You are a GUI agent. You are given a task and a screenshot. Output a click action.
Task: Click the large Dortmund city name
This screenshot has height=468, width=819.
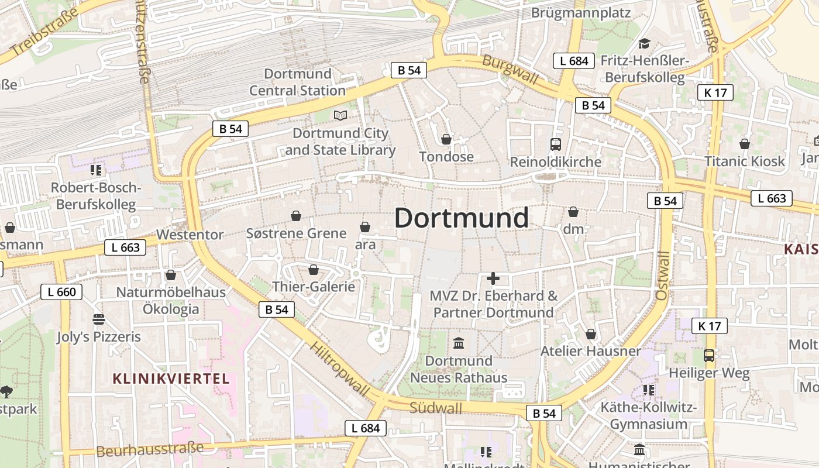point(461,218)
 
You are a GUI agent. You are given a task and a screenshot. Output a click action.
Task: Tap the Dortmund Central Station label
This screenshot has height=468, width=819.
point(298,82)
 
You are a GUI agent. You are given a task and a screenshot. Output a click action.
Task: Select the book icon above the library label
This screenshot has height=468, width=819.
point(340,115)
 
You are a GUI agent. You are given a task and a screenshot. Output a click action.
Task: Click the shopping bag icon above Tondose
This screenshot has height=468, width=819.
point(446,139)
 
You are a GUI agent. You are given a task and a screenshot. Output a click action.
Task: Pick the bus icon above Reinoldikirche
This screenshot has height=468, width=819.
point(555,144)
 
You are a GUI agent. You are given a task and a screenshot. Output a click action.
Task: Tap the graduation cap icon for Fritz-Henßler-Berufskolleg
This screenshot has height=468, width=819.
point(644,43)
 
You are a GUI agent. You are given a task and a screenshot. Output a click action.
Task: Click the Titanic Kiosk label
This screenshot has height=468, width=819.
point(744,161)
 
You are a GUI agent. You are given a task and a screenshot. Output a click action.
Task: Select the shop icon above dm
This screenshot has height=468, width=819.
point(573,212)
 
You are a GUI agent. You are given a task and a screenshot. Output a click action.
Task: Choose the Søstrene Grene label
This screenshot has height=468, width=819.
point(296,234)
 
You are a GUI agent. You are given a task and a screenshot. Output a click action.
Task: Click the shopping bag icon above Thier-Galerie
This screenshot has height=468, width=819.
point(314,270)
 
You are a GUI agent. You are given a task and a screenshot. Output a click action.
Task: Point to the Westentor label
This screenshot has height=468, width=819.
point(190,235)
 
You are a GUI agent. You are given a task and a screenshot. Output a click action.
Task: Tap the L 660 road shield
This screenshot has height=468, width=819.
point(62,292)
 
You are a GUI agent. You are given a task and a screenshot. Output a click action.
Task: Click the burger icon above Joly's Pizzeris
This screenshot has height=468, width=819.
point(99,319)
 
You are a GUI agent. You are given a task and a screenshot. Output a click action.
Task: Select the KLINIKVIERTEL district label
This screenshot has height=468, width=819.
point(171,378)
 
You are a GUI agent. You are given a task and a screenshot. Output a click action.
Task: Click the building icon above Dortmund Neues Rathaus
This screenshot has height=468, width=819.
point(459,343)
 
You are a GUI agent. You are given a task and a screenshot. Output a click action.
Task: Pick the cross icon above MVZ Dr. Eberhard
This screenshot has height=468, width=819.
point(493,278)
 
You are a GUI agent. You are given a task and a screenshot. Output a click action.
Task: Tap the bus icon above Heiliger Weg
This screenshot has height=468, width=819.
point(709,355)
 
